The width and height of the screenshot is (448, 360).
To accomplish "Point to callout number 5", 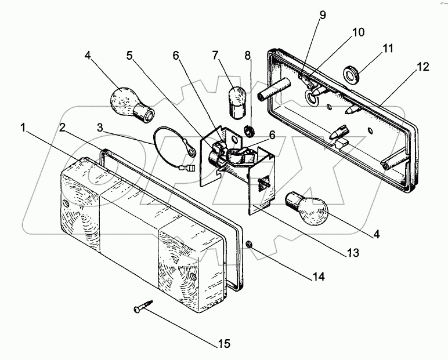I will coord(129,56).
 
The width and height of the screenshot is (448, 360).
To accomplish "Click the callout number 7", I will coord(215,56).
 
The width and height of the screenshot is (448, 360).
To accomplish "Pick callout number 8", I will coord(248,56).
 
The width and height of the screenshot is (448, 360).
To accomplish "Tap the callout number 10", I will coord(358,32).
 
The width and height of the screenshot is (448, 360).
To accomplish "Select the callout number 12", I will coord(422,67).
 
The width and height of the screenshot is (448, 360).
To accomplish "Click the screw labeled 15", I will coord(143,306).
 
